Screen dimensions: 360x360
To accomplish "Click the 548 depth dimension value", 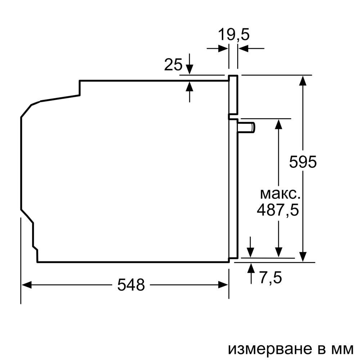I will click(131, 285).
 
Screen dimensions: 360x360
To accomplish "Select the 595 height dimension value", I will click(303, 162).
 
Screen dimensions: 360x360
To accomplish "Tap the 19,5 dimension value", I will click(234, 35).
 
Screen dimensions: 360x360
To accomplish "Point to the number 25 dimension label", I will click(173, 65).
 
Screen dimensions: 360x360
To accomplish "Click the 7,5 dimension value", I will click(270, 278).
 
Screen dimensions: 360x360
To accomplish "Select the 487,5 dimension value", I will click(278, 210).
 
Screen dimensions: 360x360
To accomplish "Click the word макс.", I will click(280, 194).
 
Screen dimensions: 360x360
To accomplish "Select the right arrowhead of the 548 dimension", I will click(224, 285).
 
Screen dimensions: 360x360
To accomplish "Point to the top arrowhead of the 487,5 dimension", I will click(278, 123).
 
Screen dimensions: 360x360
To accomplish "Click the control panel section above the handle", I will click(233, 95).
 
